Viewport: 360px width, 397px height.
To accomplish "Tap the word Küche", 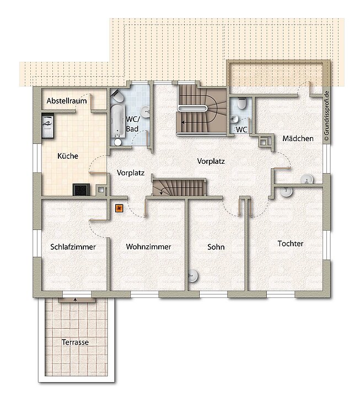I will tap(68, 156).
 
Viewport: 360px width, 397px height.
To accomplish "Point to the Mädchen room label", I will tap(298, 138).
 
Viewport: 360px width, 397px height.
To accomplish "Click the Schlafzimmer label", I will tap(73, 247).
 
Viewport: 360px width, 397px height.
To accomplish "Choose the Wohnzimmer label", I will tap(148, 247).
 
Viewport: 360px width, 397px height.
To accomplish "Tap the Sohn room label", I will tap(216, 247).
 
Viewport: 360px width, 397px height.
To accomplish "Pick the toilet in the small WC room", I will tap(241, 105).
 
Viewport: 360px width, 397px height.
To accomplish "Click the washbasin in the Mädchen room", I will tap(307, 179).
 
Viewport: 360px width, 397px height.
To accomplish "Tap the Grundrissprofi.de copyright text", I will tap(327, 116).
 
